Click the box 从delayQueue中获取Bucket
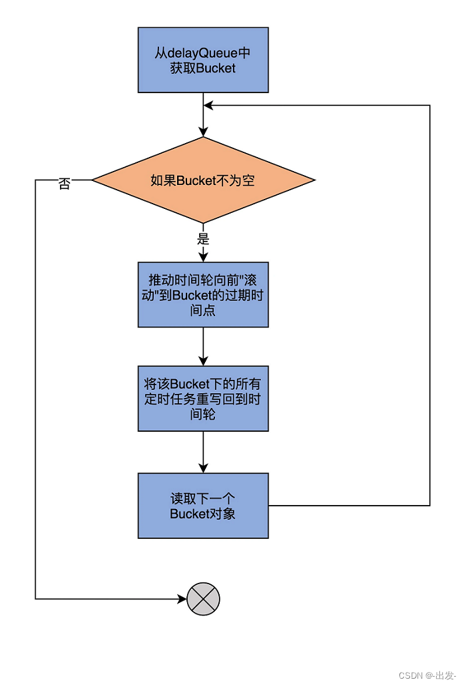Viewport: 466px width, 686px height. coord(203,60)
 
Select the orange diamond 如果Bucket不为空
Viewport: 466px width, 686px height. coord(203,180)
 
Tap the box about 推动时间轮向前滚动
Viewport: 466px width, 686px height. coord(203,294)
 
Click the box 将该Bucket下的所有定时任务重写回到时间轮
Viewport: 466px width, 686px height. coord(203,399)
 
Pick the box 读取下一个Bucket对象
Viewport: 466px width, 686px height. coord(203,506)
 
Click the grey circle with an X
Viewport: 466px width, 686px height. coord(203,599)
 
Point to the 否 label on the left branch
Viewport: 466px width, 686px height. coord(64,184)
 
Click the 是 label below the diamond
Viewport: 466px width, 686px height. coord(203,239)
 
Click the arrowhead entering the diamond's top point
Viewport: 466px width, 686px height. coord(203,132)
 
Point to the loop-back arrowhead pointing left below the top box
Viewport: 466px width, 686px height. coord(208,105)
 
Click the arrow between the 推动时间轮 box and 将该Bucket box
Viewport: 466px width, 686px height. coord(203,346)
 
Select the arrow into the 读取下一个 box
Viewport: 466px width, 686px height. coord(203,452)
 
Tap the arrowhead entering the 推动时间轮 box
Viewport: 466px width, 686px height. coord(203,257)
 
